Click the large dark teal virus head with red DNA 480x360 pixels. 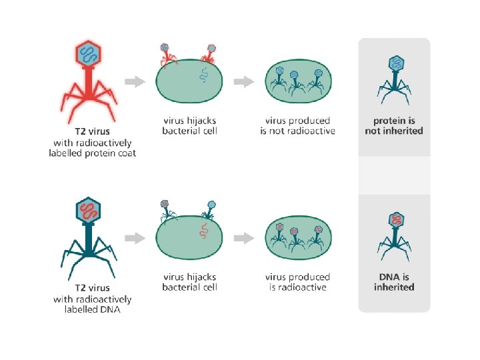88,212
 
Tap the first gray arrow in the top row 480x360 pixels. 135,82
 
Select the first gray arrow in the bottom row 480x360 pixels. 135,238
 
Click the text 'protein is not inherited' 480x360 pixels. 394,126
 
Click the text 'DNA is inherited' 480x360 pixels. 394,282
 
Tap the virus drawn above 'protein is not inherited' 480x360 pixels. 395,80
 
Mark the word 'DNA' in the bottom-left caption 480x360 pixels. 109,309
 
